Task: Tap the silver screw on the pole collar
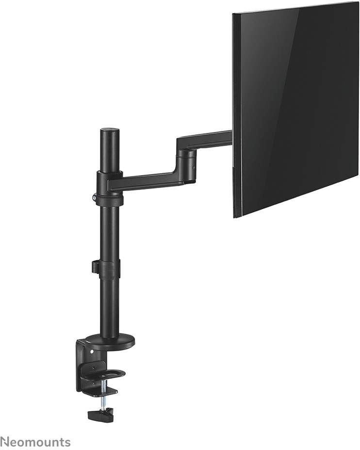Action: click(94, 197)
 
